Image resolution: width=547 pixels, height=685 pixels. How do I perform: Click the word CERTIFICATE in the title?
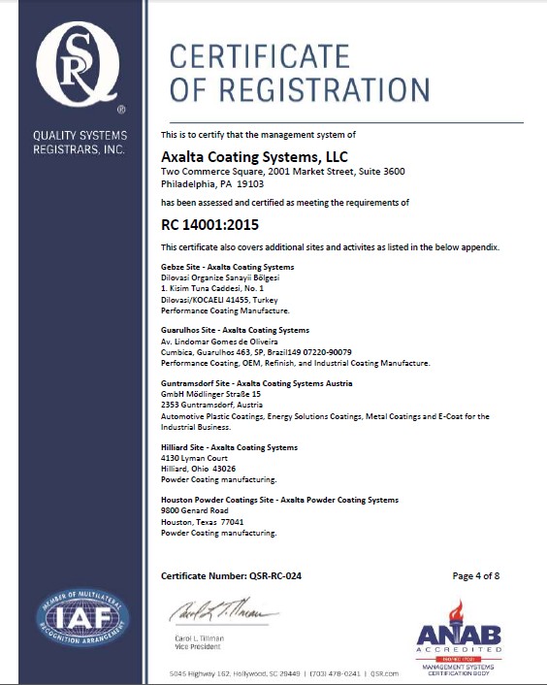[260, 56]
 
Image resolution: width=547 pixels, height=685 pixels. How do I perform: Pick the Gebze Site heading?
[227, 266]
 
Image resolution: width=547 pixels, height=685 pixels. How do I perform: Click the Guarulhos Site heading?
[235, 330]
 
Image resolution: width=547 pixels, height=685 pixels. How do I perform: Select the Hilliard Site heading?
[229, 447]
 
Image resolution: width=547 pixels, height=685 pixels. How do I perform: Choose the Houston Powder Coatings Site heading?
[279, 500]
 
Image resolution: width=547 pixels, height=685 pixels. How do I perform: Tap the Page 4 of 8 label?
[476, 575]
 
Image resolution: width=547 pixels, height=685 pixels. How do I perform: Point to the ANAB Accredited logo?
[459, 637]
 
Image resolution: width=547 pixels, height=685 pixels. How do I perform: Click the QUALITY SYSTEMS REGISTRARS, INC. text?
[79, 143]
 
